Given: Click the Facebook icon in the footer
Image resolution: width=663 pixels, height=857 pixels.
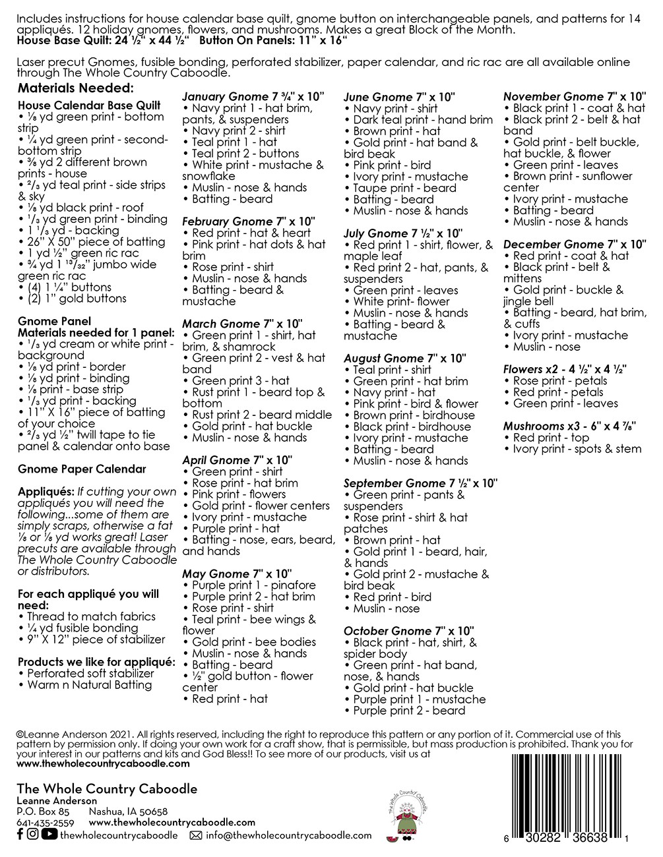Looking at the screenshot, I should click(20, 835).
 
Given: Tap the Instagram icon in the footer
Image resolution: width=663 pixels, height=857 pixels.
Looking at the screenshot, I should click(33, 835).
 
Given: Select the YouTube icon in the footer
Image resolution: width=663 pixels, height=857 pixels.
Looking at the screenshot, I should click(49, 835).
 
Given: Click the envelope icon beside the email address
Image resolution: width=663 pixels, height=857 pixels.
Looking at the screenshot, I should click(195, 835).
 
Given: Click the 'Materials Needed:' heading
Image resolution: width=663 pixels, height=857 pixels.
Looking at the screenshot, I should click(76, 88).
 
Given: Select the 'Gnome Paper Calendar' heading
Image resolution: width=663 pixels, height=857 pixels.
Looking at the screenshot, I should click(82, 469).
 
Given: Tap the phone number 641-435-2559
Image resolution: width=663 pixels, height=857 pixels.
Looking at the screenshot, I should click(45, 823).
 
